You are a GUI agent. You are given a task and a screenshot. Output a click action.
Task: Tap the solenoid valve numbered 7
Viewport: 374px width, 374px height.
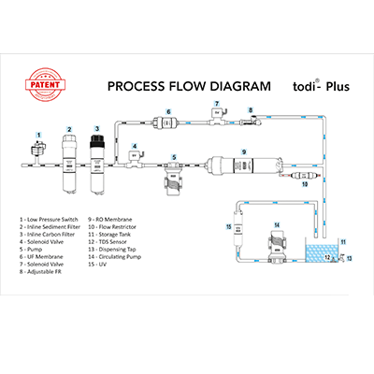(217, 115)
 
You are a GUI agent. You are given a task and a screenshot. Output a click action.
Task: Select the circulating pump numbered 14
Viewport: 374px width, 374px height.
(277, 242)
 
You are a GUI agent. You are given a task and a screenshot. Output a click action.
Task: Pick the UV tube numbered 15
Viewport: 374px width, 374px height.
(237, 231)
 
